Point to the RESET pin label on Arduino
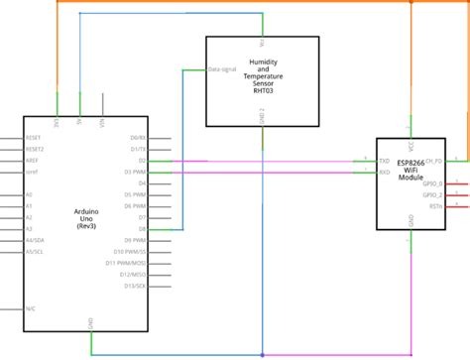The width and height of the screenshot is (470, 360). [x=34, y=138]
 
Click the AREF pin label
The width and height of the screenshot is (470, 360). [x=33, y=161]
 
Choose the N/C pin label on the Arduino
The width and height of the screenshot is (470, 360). [x=32, y=307]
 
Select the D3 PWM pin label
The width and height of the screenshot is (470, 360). [x=136, y=172]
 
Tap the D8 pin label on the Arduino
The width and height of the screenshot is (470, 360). [x=142, y=229]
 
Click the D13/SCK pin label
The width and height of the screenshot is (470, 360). [x=135, y=286]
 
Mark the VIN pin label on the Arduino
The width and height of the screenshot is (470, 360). [x=102, y=124]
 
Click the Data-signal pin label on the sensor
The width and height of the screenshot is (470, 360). [x=221, y=70]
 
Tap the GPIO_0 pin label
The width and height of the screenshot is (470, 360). [x=432, y=183]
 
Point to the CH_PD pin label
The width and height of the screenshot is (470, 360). [x=433, y=161]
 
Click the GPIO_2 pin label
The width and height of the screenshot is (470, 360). [x=432, y=195]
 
